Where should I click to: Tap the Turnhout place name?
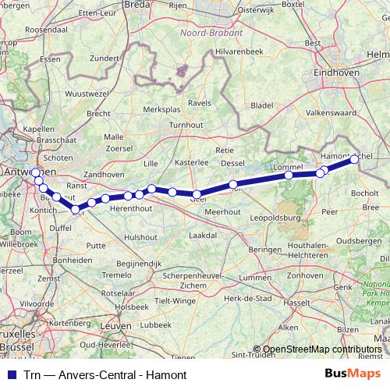pyautogui.click(x=186, y=125)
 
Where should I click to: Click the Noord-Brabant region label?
pyautogui.click(x=211, y=34)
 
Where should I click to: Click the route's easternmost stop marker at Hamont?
pyautogui.click(x=354, y=159)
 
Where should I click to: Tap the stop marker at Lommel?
pyautogui.click(x=289, y=175)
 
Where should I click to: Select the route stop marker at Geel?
pyautogui.click(x=197, y=194)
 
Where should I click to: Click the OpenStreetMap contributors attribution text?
pyautogui.click(x=322, y=349)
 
